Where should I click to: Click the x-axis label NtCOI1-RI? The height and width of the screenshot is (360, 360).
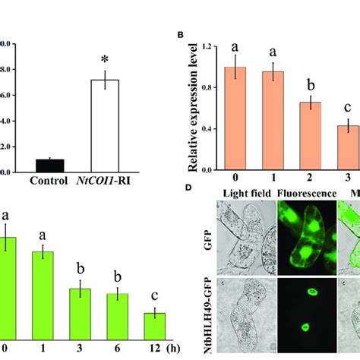coord(110,181)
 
